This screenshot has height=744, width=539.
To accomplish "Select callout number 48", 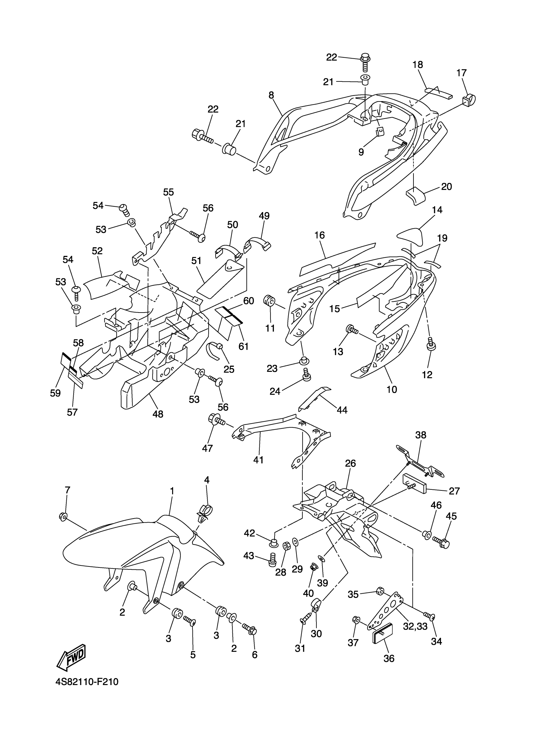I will pyautogui.click(x=158, y=414).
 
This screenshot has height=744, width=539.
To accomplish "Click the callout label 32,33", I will pyautogui.click(x=415, y=626).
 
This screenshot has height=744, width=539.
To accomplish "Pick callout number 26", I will pyautogui.click(x=350, y=463).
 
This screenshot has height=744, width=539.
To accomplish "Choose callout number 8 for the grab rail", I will pyautogui.click(x=271, y=95).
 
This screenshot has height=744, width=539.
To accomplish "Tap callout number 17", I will pyautogui.click(x=461, y=73).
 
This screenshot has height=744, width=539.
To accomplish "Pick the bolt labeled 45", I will pyautogui.click(x=442, y=541).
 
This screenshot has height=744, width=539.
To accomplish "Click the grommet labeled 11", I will pyautogui.click(x=270, y=301).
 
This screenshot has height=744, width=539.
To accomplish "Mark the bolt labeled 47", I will pyautogui.click(x=215, y=420).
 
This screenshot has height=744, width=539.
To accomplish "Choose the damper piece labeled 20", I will pyautogui.click(x=415, y=196).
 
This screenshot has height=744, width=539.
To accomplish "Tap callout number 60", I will pyautogui.click(x=249, y=301).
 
